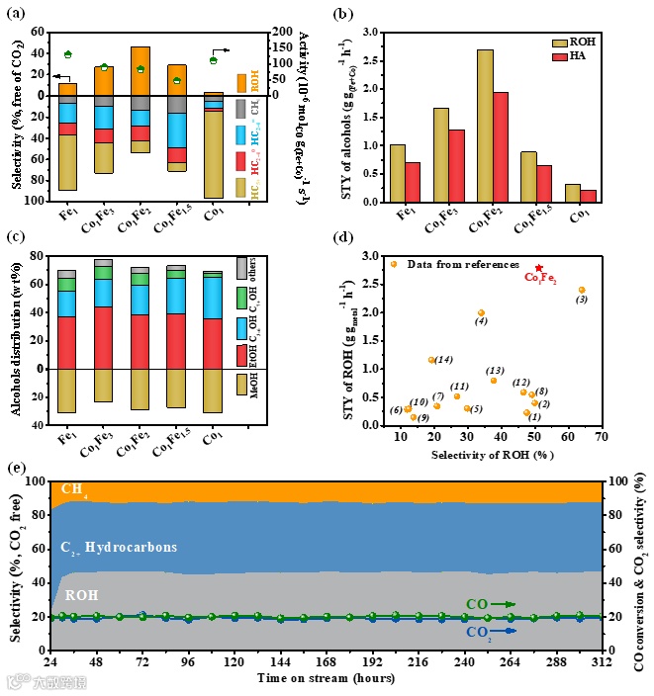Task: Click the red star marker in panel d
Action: pyautogui.click(x=539, y=268)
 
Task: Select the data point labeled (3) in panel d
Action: pyautogui.click(x=582, y=290)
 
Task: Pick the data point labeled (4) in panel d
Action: pyautogui.click(x=481, y=312)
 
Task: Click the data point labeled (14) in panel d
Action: pyautogui.click(x=431, y=360)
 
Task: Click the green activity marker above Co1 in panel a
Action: pyautogui.click(x=213, y=60)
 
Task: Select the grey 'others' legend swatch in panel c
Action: pyautogui.click(x=242, y=268)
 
